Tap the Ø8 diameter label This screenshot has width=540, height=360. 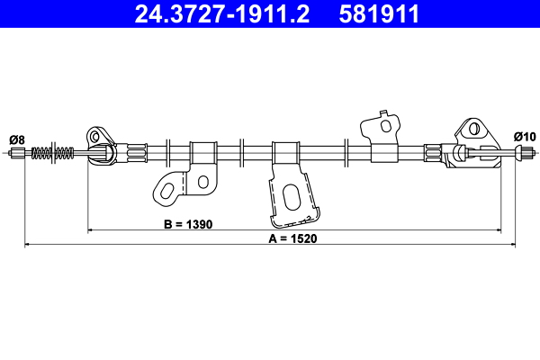point(16,138)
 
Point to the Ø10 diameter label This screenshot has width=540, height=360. point(524,136)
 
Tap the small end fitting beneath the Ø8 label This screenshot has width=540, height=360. point(15,154)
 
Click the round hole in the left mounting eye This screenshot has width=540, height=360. point(94,137)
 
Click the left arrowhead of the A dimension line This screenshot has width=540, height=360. point(26,244)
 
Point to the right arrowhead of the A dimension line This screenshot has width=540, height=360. point(514,244)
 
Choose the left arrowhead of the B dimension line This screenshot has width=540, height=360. point(90,230)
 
